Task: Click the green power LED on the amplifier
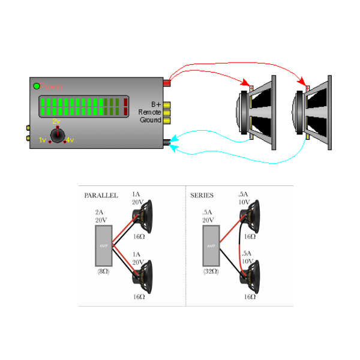point(37,86)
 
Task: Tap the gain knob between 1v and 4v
point(57,136)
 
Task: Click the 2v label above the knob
point(56,122)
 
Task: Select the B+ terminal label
point(155,104)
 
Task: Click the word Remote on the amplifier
point(149,112)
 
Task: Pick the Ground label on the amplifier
point(150,120)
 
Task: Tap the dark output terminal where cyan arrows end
point(166,142)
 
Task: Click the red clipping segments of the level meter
point(125,106)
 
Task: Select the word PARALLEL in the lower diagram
point(101,196)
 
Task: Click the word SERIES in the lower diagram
point(202,196)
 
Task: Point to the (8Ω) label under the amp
point(103,272)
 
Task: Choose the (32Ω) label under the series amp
point(211,272)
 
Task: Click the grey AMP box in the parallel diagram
point(103,246)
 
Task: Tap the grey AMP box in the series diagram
point(211,246)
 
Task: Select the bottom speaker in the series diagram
point(251,277)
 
